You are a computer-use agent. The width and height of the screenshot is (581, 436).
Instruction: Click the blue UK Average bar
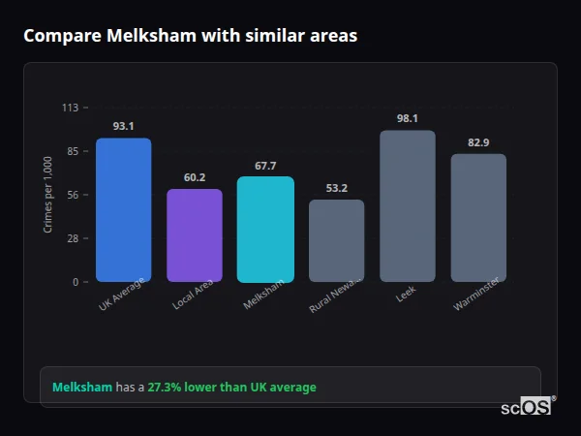123,209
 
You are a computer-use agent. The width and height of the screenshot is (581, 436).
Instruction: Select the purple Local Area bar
195,235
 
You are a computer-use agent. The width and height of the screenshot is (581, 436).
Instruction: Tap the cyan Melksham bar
265,229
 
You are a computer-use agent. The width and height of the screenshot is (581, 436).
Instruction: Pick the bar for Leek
408,205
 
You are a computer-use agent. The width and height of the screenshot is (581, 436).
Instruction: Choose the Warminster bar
478,217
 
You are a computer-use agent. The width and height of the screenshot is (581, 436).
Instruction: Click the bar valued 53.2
336,240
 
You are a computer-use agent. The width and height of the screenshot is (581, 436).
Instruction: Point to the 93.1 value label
123,126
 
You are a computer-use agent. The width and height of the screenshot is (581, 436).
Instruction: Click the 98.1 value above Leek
408,118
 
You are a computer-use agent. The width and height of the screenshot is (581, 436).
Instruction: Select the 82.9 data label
478,142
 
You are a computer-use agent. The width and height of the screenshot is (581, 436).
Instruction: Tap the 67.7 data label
265,166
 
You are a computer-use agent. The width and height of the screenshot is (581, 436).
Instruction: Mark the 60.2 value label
195,177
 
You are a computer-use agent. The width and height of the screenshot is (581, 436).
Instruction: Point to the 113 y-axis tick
70,108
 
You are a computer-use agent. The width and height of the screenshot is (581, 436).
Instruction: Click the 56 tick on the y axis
72,195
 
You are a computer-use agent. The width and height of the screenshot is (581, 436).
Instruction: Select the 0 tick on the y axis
75,282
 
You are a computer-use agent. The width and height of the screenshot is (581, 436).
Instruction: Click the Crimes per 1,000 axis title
48,195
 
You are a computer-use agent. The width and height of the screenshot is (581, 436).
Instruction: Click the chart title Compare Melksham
190,36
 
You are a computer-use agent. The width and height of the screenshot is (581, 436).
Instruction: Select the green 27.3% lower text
231,388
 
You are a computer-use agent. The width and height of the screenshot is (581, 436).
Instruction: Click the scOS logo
526,407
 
